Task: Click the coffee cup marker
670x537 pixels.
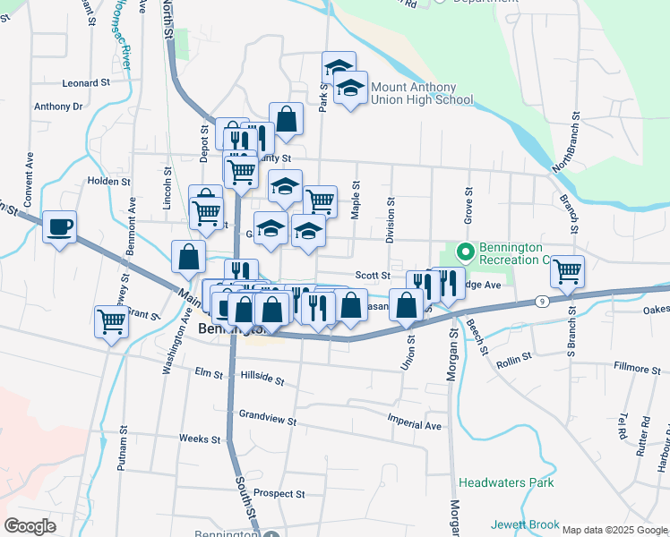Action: (60, 227)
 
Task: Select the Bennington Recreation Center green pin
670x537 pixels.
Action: (464, 250)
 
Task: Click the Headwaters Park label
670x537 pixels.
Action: (506, 482)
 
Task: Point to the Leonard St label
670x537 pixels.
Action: (85, 82)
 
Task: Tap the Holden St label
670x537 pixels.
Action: (108, 180)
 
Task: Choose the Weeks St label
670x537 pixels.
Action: (199, 439)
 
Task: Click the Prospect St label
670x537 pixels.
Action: (279, 493)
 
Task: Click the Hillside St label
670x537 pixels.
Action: (262, 379)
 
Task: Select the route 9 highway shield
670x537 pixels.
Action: (543, 302)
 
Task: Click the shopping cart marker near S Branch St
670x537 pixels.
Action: (567, 270)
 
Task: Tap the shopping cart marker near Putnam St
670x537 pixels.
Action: (111, 320)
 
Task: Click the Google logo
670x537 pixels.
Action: (30, 526)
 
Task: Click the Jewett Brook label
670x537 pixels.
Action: (525, 525)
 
